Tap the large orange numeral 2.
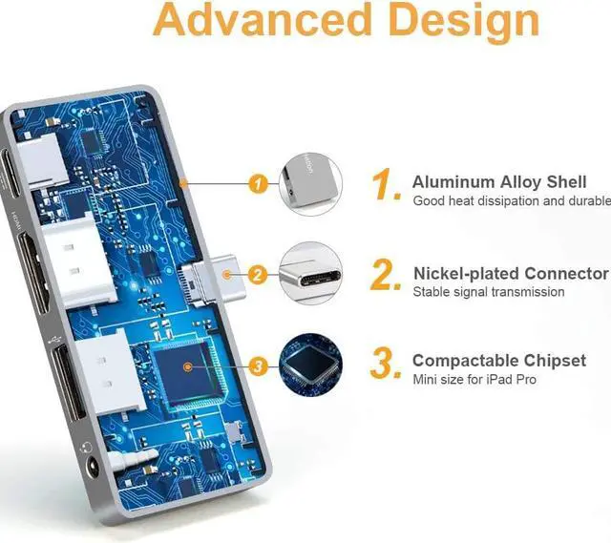[x=387, y=277]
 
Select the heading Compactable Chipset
[x=499, y=361]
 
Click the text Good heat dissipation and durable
[x=511, y=201]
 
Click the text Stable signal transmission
[x=489, y=292]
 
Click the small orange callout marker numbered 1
[x=255, y=183]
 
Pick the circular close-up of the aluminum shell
[x=310, y=183]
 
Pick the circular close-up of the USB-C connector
[x=310, y=274]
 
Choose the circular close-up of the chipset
[x=310, y=365]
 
